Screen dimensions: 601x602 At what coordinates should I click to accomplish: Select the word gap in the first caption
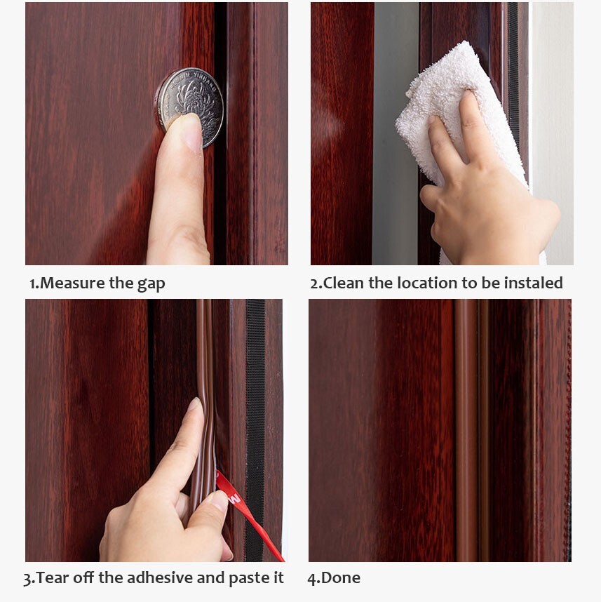[151, 284]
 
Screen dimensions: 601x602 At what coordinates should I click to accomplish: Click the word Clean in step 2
[344, 283]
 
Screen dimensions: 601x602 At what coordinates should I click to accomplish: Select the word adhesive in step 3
[160, 578]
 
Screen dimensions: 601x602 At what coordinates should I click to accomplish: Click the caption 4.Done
[334, 578]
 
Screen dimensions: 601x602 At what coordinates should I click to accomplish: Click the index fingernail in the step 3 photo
[194, 404]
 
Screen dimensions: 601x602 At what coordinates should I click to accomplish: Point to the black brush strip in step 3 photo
[255, 430]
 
